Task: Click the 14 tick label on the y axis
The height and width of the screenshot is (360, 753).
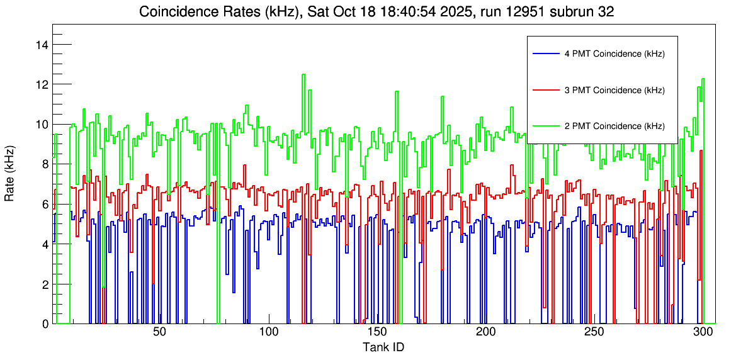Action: [43, 45]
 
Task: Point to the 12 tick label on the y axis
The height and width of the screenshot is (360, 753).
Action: [43, 84]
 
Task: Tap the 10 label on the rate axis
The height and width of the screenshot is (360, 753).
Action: [43, 124]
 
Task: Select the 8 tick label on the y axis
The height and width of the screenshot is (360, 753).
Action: [45, 164]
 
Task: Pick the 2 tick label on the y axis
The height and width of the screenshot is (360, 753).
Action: [45, 284]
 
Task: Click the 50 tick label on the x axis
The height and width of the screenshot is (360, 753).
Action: [159, 332]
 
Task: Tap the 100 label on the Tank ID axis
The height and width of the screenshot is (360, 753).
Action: [268, 332]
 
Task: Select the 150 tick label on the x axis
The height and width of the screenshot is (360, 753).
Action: [376, 332]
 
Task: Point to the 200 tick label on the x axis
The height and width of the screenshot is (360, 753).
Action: [485, 332]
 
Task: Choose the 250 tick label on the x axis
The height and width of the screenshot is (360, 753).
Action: [594, 332]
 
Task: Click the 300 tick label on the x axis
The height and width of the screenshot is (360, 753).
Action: [703, 332]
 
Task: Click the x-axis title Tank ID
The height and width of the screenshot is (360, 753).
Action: [383, 347]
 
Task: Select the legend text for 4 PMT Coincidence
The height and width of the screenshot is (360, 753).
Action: [614, 54]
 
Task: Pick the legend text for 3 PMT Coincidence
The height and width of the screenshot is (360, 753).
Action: [614, 90]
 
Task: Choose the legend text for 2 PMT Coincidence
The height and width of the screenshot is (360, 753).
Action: [614, 126]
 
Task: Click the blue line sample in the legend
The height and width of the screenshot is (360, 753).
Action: [545, 54]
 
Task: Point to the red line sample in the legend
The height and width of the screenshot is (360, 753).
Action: [545, 90]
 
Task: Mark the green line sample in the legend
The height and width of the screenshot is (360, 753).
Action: [545, 126]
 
